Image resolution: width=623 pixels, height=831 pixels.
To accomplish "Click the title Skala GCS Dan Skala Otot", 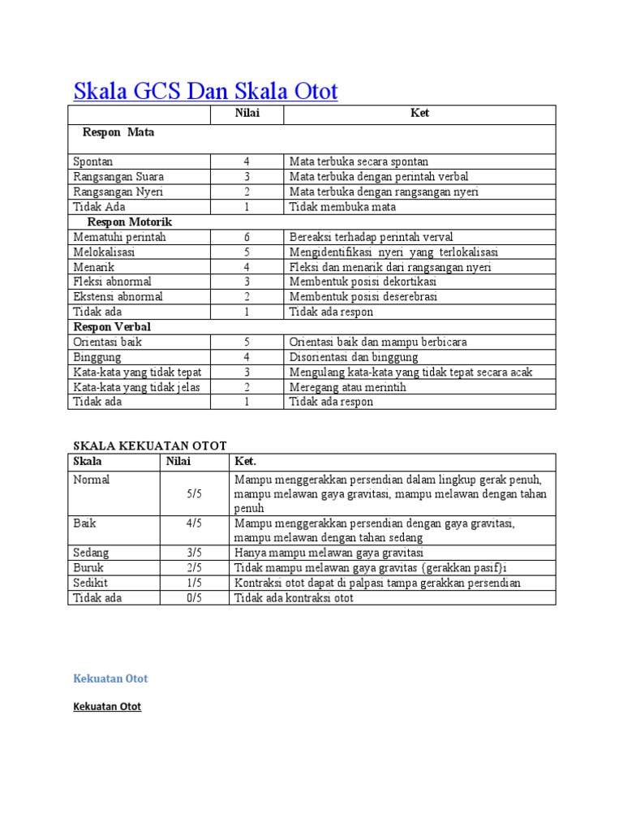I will pos(205,91).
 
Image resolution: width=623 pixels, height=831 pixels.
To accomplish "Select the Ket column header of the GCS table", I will pos(419,114).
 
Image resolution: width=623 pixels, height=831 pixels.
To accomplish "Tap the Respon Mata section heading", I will pos(118,132).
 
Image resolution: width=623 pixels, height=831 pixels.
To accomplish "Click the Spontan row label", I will pos(93,161).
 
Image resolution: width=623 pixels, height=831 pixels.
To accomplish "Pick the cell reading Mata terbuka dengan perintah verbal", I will pos(379,177).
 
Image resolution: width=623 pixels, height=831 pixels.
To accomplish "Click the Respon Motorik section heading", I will pos(130,222).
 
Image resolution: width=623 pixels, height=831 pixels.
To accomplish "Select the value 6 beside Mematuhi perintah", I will pos(247,237).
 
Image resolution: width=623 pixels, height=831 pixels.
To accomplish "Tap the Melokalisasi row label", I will pos(104,252).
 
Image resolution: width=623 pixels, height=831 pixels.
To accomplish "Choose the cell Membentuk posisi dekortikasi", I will pos(363,282).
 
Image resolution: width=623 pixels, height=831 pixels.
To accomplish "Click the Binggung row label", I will pos(97,357).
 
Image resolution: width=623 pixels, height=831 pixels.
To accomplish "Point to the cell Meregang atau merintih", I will pos(348,387).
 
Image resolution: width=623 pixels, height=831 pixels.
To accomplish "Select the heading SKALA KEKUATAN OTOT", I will pos(150,446).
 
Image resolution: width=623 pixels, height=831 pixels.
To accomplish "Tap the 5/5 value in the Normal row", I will pos(194,493).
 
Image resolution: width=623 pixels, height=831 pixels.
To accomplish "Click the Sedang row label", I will pos(91,553).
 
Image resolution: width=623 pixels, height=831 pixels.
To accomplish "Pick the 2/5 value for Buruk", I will pos(194,568).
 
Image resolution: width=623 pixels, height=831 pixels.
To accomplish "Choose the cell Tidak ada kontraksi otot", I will pos(294,598).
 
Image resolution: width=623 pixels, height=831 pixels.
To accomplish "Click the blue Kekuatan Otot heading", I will pos(110,678).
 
